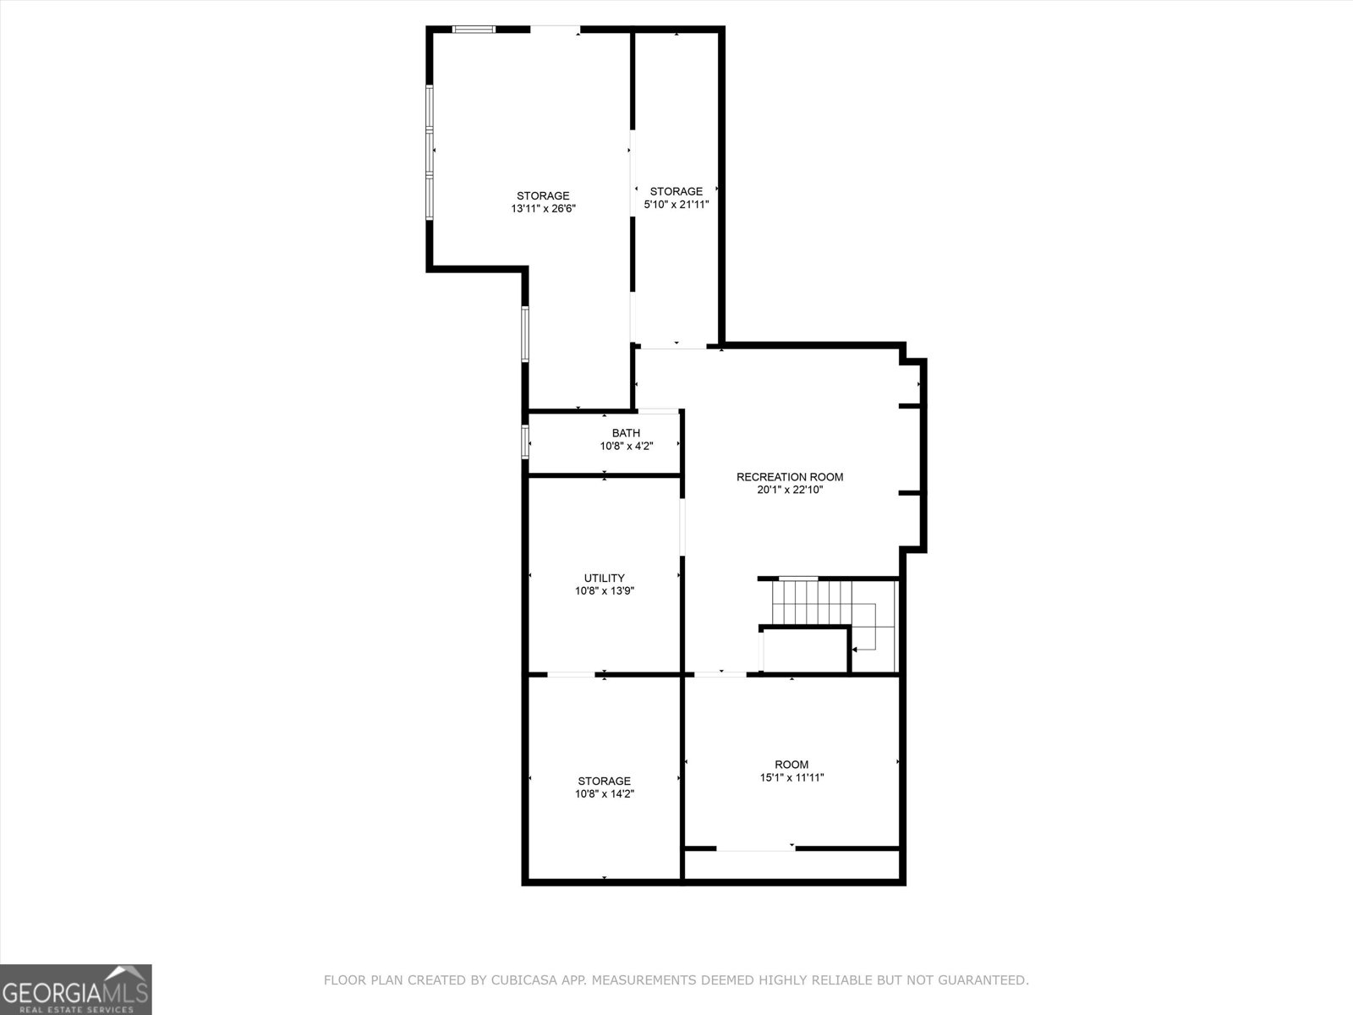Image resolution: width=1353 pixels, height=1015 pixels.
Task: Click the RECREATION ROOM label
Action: (789, 477)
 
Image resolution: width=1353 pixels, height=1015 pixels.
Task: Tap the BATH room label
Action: (626, 433)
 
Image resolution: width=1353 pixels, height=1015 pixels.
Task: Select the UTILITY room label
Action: (604, 579)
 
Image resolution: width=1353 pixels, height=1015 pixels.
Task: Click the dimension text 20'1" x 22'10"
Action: (789, 490)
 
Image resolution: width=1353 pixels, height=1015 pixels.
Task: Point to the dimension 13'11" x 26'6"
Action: (543, 209)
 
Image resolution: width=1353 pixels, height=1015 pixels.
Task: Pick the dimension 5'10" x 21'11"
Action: (676, 205)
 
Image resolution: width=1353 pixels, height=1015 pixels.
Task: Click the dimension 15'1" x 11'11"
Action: (792, 777)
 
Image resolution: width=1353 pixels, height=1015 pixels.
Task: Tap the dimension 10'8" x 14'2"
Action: (604, 794)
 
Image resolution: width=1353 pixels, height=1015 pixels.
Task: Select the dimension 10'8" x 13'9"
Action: (604, 591)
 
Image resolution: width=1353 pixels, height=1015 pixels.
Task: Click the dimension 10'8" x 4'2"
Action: (626, 446)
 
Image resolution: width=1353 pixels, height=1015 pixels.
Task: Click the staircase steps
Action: (812, 601)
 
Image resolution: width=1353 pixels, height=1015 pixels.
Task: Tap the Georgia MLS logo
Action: (76, 989)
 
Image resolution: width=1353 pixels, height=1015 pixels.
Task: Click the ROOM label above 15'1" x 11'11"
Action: (792, 765)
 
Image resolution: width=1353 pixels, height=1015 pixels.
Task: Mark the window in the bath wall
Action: (525, 442)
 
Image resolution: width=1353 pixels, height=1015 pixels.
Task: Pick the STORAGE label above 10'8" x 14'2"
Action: (604, 782)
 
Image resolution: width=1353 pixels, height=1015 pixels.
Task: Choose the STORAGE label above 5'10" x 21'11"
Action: (676, 192)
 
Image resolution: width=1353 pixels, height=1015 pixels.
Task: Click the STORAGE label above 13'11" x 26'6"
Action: (543, 196)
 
